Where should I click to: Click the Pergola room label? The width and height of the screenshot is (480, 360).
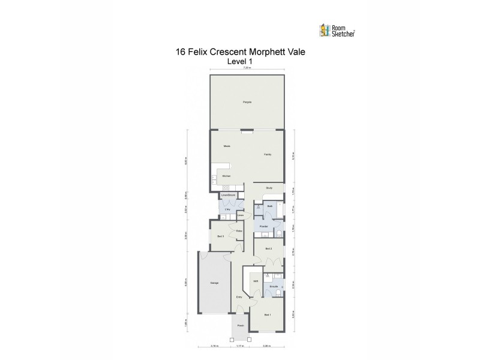pos(247,103)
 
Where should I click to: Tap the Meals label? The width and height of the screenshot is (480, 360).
pos(227,146)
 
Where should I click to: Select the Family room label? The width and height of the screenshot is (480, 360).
pos(268,155)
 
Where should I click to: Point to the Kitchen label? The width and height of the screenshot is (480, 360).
pos(226,176)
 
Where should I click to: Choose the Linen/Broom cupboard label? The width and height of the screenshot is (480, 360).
pos(229,196)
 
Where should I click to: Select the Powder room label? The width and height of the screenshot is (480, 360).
pos(263,226)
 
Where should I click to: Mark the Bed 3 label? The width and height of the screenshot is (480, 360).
pos(220,236)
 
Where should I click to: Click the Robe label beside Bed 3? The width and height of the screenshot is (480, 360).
pos(239,231)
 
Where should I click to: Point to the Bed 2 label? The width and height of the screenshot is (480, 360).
pos(269,248)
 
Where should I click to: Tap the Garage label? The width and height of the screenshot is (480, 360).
pos(214,283)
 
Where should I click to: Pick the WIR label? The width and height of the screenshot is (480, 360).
pos(256,281)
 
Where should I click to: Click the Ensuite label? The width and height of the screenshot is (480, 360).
pos(273,287)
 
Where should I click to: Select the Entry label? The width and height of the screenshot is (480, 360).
pos(239,296)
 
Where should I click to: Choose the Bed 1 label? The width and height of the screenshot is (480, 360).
pos(268,314)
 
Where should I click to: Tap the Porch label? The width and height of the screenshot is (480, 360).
pos(240,326)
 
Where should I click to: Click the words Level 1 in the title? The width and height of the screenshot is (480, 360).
pos(240,61)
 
